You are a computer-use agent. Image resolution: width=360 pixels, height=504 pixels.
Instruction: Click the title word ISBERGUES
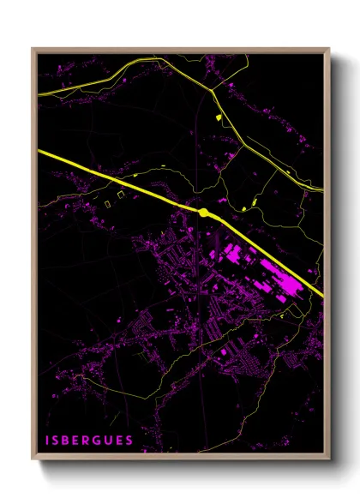click(88, 441)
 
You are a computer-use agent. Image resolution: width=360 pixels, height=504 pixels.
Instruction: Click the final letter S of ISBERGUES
click(129, 441)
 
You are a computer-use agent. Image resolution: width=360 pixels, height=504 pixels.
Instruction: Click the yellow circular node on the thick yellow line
click(204, 212)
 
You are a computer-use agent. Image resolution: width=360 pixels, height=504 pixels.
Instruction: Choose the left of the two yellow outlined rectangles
click(108, 203)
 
